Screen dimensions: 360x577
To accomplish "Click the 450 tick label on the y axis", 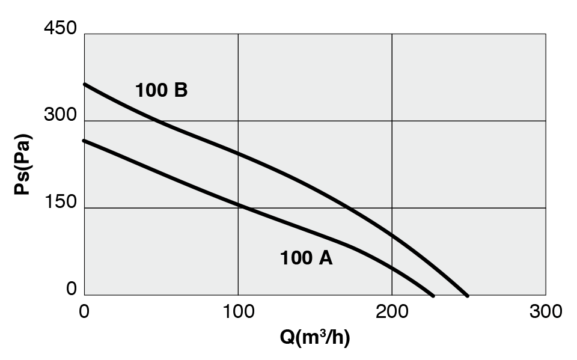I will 60,28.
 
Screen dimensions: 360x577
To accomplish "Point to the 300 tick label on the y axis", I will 60,115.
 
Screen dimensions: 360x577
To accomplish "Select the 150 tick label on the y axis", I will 60,202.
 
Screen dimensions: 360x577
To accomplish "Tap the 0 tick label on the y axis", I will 71,289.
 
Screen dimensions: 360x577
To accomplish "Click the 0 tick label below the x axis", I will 84,311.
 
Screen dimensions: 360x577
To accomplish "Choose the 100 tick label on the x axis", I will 238,311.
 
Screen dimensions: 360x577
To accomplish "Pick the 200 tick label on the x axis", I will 392,311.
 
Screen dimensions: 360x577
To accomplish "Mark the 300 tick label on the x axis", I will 545,311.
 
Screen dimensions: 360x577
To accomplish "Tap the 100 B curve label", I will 161,91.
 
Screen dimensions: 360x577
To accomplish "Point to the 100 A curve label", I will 306,258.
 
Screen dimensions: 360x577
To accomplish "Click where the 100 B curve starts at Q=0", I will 85,84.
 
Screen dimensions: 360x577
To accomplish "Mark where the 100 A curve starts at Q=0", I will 85,141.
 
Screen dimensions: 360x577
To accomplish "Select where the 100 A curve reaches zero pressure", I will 433,295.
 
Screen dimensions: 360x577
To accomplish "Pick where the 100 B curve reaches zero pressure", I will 467,295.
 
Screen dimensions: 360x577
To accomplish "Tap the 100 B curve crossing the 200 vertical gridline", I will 392,234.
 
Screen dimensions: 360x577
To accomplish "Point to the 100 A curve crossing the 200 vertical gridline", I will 392,267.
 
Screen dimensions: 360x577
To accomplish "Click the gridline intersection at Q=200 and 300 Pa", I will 392,121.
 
